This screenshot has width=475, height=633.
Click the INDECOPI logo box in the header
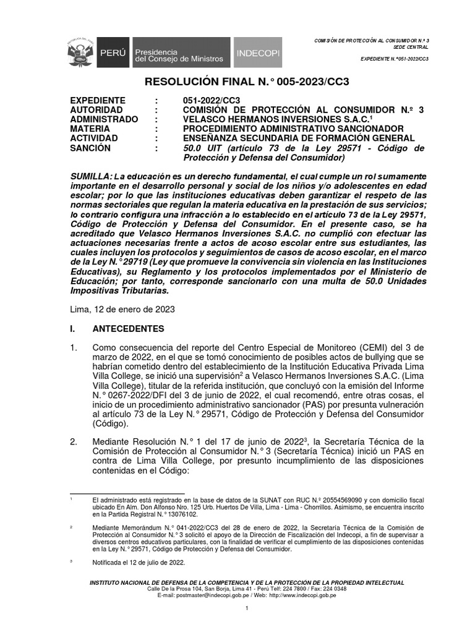point(257,54)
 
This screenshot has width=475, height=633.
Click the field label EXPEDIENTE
point(98,101)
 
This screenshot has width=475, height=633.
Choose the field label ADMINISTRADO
point(104,119)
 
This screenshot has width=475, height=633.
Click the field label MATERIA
point(92,129)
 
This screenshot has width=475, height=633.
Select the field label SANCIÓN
point(90,148)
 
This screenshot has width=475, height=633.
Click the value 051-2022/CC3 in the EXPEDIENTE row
point(212,101)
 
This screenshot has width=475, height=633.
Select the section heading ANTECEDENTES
point(128,328)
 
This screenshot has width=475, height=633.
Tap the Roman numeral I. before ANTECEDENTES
point(73,328)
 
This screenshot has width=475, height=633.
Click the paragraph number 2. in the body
point(74,442)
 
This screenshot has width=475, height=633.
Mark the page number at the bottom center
point(247,610)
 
